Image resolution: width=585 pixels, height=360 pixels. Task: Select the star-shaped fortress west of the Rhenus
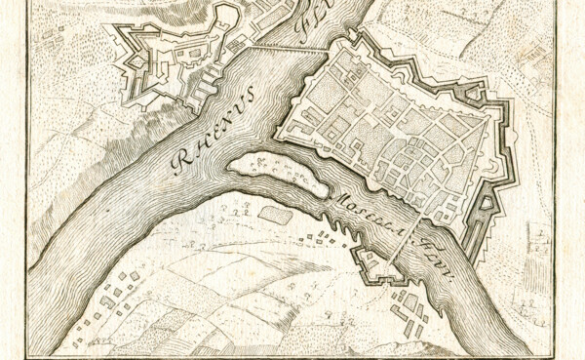click(166, 63)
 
